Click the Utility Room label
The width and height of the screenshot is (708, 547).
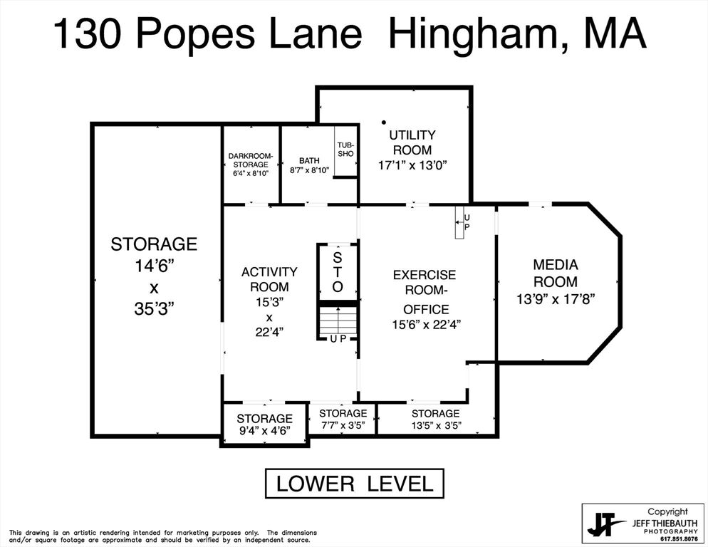tap(412, 142)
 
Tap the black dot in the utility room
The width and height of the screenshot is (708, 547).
tap(384, 122)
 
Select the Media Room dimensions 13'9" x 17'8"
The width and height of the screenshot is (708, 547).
tap(556, 299)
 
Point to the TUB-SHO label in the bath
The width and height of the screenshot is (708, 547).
tap(345, 150)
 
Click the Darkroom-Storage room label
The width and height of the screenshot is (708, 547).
tap(251, 160)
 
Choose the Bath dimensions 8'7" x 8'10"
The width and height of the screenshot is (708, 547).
tap(310, 170)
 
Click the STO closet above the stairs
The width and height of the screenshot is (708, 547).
tap(338, 272)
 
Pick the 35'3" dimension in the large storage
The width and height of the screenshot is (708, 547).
tap(154, 309)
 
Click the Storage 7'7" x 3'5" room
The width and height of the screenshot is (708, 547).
tap(343, 420)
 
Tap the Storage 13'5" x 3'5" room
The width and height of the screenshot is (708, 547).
tap(436, 420)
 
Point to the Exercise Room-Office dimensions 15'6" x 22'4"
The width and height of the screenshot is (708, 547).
tap(426, 324)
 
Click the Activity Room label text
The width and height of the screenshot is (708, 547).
tap(269, 279)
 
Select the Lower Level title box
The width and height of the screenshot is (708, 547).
tap(355, 484)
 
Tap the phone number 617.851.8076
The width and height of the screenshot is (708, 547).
tap(679, 539)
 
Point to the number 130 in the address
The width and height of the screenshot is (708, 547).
tap(87, 34)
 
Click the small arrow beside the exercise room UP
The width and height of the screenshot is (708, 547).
tap(459, 222)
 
